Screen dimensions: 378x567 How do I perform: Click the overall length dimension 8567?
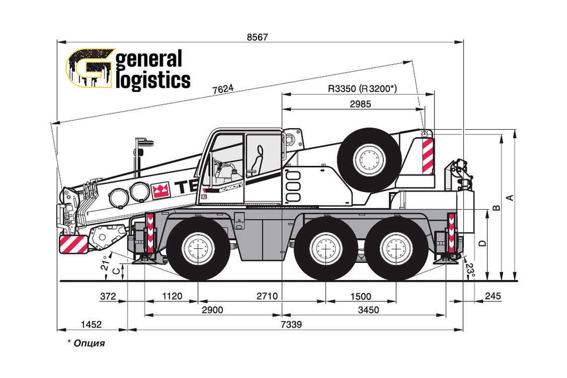[x=257, y=37]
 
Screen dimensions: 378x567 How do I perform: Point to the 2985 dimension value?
[x=361, y=104]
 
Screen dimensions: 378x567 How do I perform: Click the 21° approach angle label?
[x=104, y=265]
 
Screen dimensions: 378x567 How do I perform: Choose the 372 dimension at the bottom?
[x=107, y=296]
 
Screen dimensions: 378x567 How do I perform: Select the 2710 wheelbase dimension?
[x=266, y=296]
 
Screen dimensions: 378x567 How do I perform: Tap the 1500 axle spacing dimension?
[x=361, y=296]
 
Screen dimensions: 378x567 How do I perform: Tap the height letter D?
[x=483, y=243]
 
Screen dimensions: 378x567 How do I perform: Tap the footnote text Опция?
[x=89, y=343]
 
